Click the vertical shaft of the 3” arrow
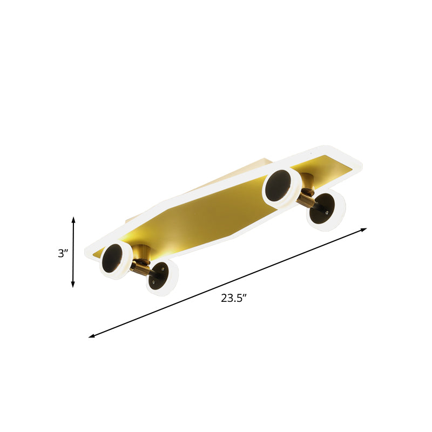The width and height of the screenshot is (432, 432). point(73,252)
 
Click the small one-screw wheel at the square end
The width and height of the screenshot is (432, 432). point(326,211)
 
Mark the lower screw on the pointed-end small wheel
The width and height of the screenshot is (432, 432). point(154,281)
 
